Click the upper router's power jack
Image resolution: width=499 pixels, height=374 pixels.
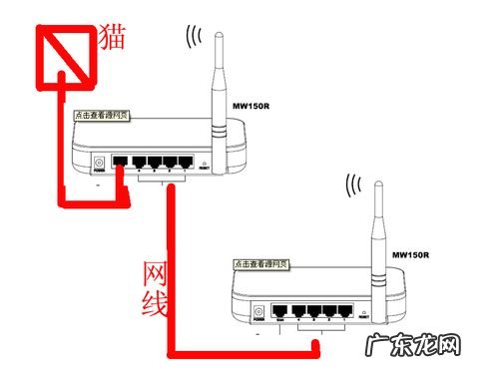point(98,164)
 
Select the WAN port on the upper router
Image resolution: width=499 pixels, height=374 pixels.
point(121,161)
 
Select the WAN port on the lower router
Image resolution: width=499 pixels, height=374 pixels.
point(280,311)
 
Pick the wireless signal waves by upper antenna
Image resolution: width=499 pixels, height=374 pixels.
point(194,37)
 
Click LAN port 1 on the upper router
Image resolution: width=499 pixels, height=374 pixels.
point(185,161)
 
